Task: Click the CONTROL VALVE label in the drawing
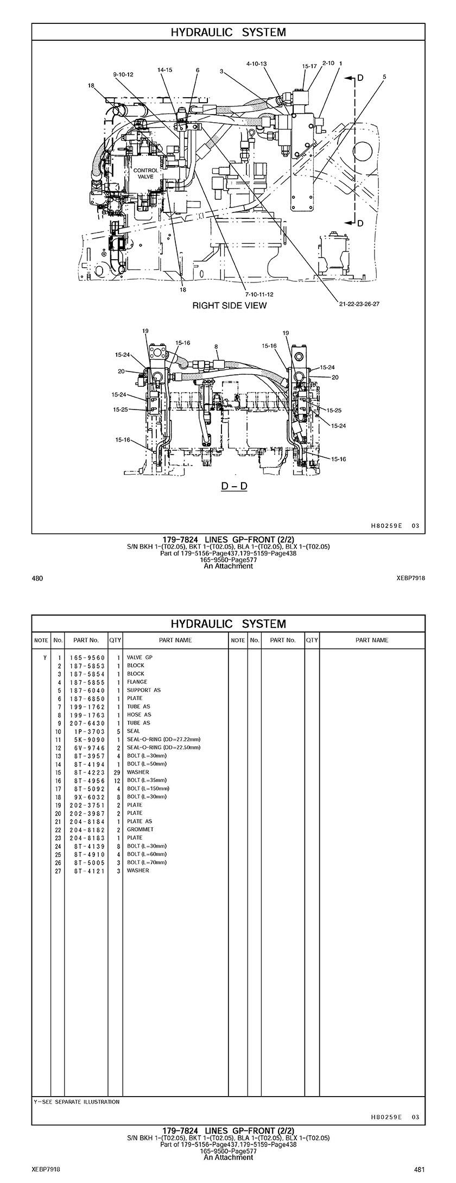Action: tap(146, 173)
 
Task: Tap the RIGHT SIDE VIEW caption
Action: tap(230, 305)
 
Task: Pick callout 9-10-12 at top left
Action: tap(123, 74)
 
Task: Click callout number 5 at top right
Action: tap(384, 77)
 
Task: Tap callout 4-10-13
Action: tap(256, 64)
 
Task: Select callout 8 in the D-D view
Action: tap(216, 346)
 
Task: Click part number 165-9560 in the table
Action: tap(87, 657)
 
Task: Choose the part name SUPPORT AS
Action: tap(144, 690)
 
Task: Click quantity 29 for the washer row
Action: tap(115, 772)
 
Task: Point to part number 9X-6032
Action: tap(87, 796)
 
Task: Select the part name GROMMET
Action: tap(140, 829)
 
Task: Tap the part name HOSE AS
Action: tap(139, 714)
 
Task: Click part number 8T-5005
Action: tap(87, 862)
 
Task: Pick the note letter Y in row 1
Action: tap(45, 657)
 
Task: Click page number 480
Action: tap(38, 578)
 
